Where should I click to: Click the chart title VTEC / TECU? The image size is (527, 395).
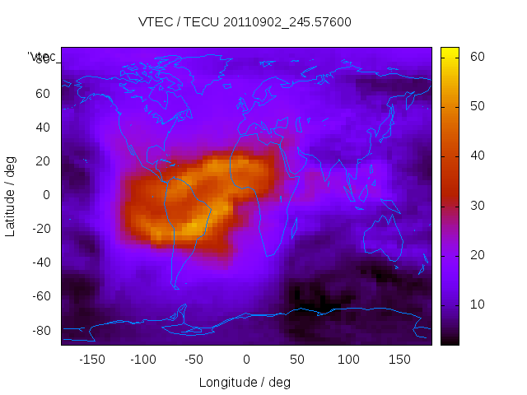[x=245, y=22]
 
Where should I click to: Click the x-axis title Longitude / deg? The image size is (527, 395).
[x=245, y=382]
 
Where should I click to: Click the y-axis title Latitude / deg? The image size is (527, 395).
[x=11, y=196]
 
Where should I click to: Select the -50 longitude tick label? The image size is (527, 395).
[x=194, y=360]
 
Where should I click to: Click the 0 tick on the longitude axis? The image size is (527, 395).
[x=246, y=360]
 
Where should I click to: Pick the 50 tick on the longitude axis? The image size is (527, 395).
[x=297, y=360]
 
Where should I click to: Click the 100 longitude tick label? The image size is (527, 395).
[x=348, y=360]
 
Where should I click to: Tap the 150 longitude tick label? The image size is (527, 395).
[x=400, y=360]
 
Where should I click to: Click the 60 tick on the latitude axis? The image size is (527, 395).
[x=43, y=93]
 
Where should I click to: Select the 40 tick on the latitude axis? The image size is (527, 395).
[x=43, y=127]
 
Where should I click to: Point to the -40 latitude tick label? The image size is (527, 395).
[x=40, y=263]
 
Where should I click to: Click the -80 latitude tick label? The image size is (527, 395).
[x=40, y=330]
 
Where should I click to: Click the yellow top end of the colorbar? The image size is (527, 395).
[x=450, y=52]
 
